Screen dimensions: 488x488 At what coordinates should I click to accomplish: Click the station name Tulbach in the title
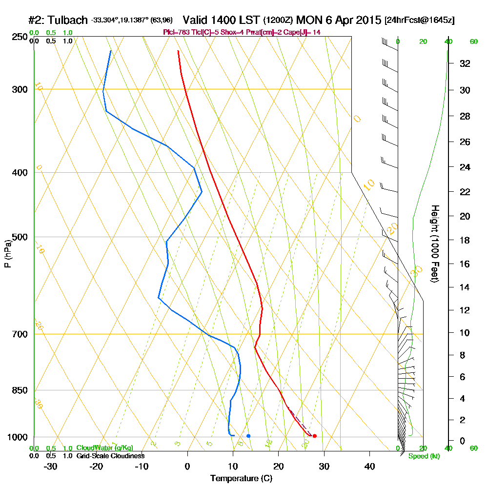point(67,20)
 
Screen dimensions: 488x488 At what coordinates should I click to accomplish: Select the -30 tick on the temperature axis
point(51,466)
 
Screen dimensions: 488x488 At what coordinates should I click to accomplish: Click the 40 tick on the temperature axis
point(370,466)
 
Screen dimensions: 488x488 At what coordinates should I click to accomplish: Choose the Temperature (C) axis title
point(241,478)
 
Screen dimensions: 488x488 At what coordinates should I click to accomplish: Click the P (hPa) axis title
point(7,254)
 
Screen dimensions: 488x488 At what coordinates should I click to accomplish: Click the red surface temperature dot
point(314,436)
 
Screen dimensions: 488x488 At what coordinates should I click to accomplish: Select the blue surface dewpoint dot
point(248,436)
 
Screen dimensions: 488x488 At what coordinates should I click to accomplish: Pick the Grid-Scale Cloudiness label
point(110,456)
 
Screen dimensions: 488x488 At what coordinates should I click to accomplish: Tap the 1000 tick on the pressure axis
point(18,437)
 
